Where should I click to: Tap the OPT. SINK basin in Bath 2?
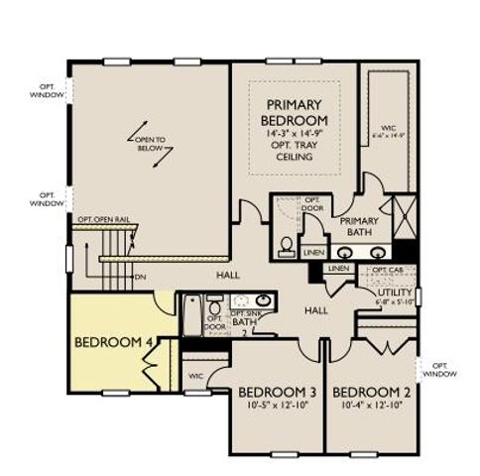coord(264,299)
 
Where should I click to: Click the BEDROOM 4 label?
coord(113,343)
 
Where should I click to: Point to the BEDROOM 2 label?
coord(373,392)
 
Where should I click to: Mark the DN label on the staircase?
coord(140,278)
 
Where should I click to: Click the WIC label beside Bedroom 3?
coord(194,376)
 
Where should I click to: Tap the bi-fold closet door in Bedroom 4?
coord(152,366)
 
